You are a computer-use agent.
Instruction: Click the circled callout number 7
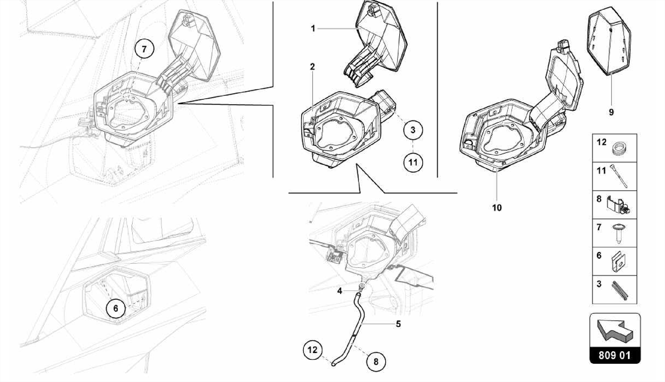144,49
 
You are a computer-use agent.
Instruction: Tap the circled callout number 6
116,308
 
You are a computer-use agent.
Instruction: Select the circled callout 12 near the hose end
312,350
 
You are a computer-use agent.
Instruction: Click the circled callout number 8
376,362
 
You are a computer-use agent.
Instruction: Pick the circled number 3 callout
413,130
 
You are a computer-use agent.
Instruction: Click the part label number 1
313,29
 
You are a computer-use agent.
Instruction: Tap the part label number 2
312,67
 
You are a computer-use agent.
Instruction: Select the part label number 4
339,291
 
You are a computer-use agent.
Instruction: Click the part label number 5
398,324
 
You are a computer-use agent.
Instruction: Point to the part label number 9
611,112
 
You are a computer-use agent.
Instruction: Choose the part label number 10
497,208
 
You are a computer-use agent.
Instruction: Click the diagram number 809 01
614,355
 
